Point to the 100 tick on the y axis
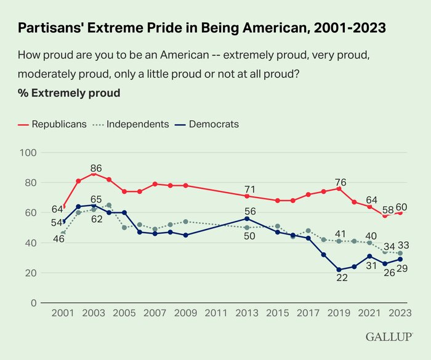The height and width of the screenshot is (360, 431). (29, 153)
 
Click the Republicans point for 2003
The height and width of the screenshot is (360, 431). (94, 174)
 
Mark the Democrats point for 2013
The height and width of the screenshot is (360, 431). (247, 218)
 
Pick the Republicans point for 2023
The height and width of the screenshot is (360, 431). (400, 212)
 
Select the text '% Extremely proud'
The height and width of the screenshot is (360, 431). (69, 94)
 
